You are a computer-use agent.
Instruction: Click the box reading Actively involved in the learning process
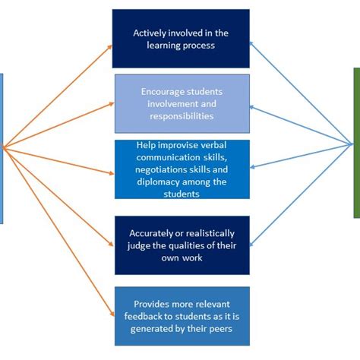[181, 39]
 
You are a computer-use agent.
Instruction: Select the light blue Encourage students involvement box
[182, 103]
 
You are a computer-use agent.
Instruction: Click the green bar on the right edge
[356, 143]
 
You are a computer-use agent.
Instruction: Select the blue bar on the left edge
[2, 148]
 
